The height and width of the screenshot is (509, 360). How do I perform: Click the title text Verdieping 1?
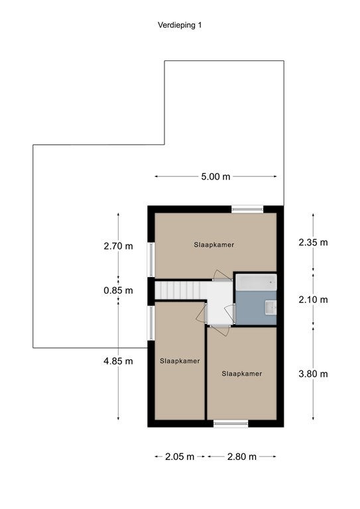180,25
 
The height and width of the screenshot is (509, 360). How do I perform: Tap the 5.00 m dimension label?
215,176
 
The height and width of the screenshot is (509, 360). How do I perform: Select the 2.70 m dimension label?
118,246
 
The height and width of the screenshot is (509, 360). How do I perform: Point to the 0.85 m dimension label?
118,290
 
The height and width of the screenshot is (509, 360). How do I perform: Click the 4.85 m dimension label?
118,361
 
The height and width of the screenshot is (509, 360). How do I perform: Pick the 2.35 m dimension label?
313,242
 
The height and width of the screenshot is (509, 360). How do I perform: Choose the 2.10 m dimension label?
313,300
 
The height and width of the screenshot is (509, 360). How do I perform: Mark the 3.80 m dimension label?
313,374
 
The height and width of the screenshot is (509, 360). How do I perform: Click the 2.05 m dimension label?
180,457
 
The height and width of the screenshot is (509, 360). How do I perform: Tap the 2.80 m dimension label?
242,457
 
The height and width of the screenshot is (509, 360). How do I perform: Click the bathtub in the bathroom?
256,282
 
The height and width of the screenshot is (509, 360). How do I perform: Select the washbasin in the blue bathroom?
270,308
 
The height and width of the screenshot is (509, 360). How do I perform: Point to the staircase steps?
178,290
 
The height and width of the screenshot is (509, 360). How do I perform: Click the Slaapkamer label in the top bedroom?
214,245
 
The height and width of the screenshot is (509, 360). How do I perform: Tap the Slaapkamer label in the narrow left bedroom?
180,361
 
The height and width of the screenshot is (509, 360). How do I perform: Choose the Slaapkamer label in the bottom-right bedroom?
242,374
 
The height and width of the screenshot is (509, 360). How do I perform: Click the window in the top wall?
247,209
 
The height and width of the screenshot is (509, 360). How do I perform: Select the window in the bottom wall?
231,424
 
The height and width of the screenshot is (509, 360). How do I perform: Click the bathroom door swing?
229,313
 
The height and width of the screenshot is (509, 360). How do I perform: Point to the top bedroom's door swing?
222,275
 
